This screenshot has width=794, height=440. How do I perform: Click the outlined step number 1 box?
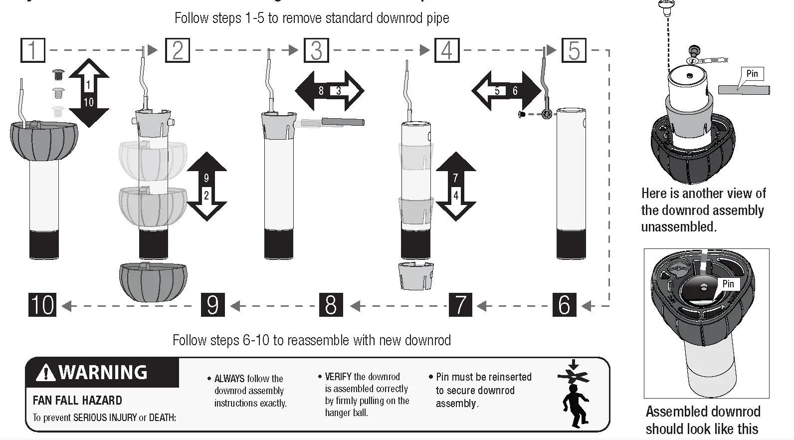tap(33, 50)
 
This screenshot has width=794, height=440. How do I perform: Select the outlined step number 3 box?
tap(316, 50)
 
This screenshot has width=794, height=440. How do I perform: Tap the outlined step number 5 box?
tap(574, 50)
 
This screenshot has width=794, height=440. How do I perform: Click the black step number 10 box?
tap(42, 305)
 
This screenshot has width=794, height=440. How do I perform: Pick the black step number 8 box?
tap(331, 305)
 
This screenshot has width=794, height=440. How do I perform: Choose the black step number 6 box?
tap(564, 305)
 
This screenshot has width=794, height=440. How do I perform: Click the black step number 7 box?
tap(460, 305)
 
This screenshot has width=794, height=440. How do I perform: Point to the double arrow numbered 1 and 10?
tap(88, 93)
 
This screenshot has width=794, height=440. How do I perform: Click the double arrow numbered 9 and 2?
tap(206, 187)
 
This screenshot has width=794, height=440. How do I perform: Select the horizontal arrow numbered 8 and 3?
tap(330, 91)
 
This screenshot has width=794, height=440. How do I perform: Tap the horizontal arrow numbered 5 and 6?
tap(506, 91)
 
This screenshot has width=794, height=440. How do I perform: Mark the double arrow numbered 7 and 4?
tap(455, 187)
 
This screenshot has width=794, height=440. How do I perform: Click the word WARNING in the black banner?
tap(103, 373)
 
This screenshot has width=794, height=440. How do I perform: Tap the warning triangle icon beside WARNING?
tap(46, 373)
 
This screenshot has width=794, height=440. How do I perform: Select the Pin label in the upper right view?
tap(752, 74)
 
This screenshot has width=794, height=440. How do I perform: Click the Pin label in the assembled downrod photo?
tap(728, 284)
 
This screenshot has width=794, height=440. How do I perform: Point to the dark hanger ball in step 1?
tap(44, 140)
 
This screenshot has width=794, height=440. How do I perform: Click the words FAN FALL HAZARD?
tap(77, 401)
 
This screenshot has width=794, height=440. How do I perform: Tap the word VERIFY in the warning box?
tap(338, 377)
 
